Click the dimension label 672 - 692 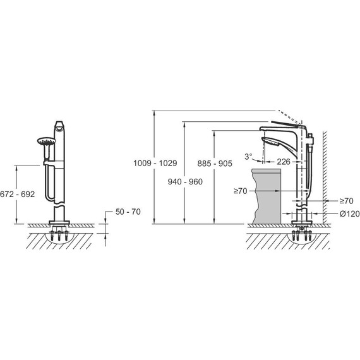[18, 195]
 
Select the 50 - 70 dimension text [128, 212]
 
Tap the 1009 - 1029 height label [155, 163]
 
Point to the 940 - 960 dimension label [185, 182]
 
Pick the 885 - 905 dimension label [215, 164]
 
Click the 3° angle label [248, 157]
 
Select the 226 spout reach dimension [284, 162]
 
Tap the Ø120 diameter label [349, 213]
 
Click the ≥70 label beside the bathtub [241, 191]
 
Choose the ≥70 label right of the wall [347, 201]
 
